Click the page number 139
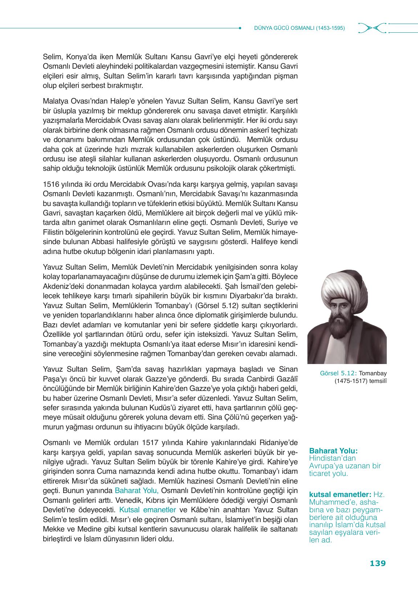click(378, 563)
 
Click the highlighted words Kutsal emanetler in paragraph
click(147, 509)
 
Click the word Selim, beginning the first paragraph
click(51, 57)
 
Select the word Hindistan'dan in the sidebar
click(327, 458)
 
